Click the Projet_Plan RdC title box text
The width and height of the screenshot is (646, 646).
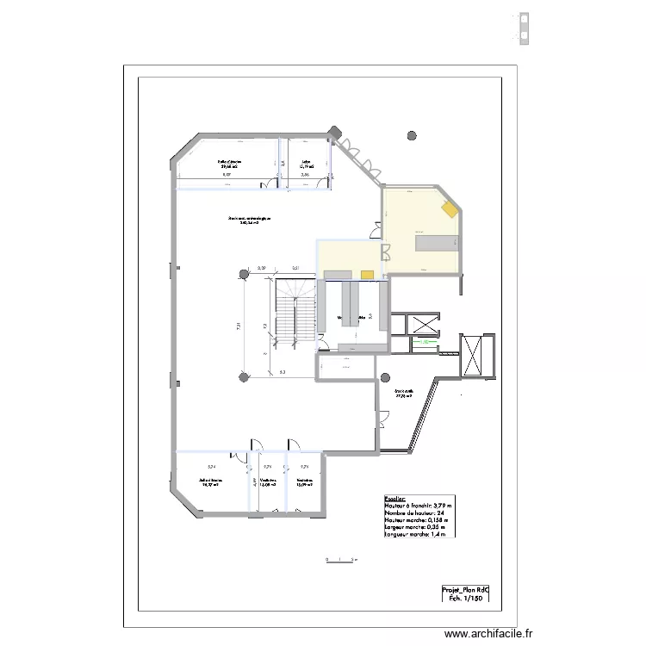point(465,590)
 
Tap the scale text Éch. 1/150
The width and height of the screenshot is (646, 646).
point(465,599)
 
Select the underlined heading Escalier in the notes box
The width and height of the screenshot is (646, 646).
point(394,498)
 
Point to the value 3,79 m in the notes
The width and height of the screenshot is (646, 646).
point(442,506)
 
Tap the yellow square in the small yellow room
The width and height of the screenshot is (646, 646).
point(367,275)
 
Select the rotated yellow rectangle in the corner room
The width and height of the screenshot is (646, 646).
point(450,209)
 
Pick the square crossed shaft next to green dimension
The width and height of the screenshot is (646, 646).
point(423,325)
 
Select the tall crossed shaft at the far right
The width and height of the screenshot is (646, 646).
point(475,354)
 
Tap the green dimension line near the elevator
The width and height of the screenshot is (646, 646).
point(422,342)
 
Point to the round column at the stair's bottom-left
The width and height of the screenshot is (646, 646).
point(245,376)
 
